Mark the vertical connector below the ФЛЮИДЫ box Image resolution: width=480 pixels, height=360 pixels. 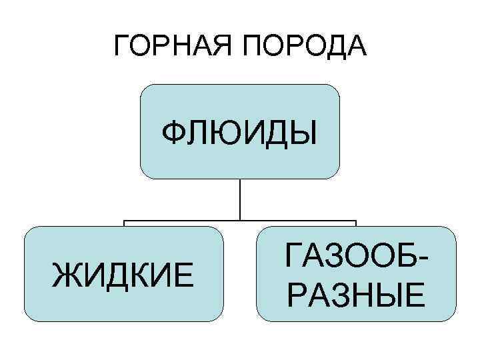click(240, 199)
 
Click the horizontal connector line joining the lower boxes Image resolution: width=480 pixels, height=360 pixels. click(240, 221)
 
